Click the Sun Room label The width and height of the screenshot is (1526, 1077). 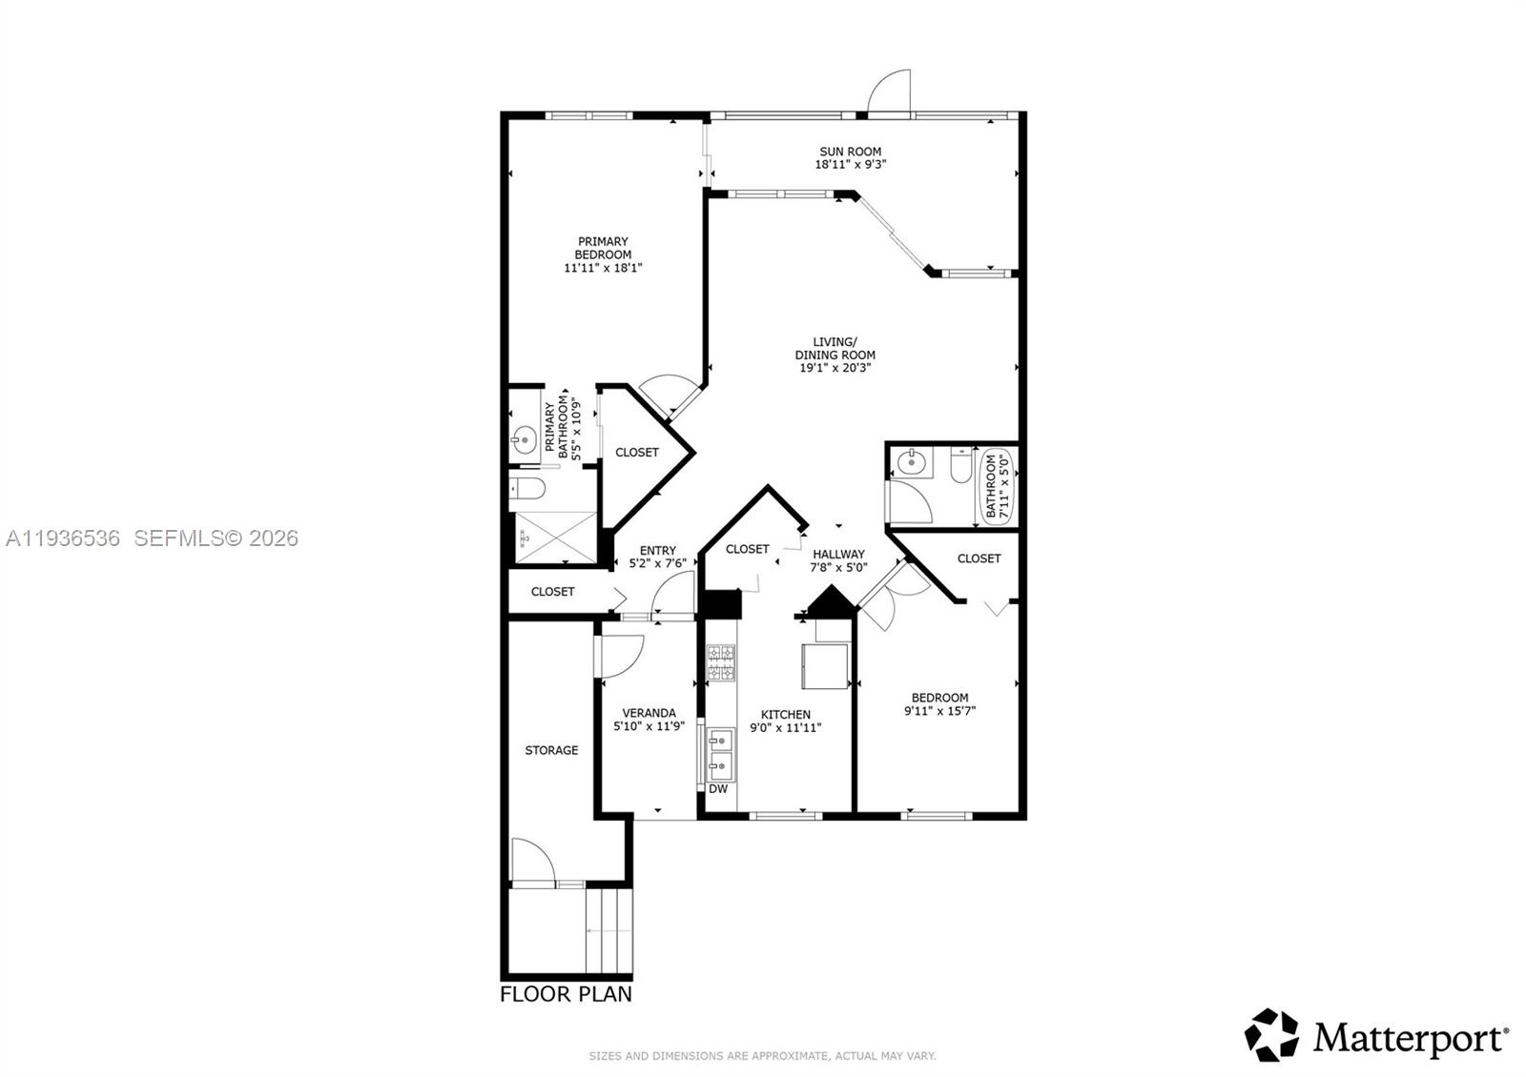pyautogui.click(x=850, y=152)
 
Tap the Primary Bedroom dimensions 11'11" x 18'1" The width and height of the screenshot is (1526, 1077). pyautogui.click(x=603, y=269)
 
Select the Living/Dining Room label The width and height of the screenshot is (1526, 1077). pyautogui.click(x=835, y=348)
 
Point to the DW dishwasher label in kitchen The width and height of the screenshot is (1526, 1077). pyautogui.click(x=718, y=789)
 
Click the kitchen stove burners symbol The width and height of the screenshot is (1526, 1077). pyautogui.click(x=720, y=662)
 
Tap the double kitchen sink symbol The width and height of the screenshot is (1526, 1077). pyautogui.click(x=719, y=752)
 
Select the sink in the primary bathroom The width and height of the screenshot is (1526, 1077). pyautogui.click(x=523, y=440)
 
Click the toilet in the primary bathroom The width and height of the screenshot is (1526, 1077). pyautogui.click(x=527, y=490)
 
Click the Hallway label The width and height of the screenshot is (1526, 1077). pyautogui.click(x=838, y=554)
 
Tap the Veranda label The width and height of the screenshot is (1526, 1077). pyautogui.click(x=649, y=713)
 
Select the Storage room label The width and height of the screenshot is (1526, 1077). pyautogui.click(x=551, y=750)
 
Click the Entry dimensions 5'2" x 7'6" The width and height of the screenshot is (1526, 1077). pyautogui.click(x=657, y=563)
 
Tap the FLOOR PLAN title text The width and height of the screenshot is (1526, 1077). pyautogui.click(x=566, y=994)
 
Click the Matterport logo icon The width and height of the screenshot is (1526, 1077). pyautogui.click(x=1271, y=1035)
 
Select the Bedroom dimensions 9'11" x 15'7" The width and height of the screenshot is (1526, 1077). pyautogui.click(x=939, y=711)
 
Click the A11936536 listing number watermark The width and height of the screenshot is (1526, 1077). pyautogui.click(x=63, y=538)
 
